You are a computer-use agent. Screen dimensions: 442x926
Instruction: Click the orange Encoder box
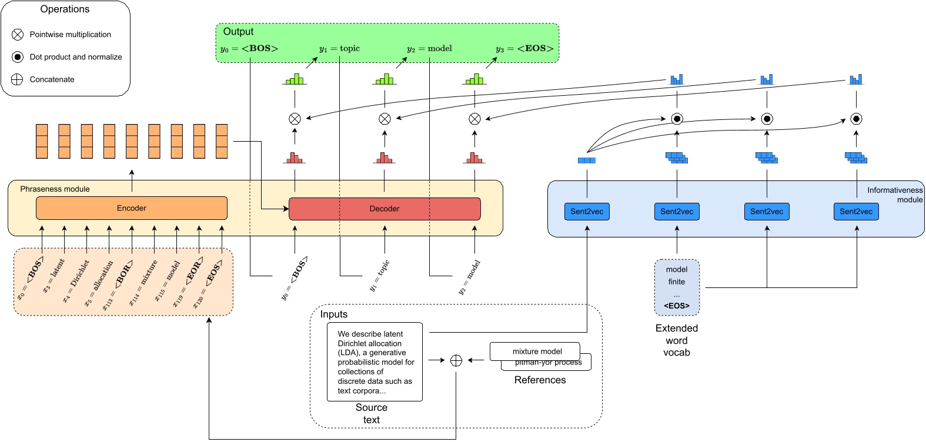pos(131,208)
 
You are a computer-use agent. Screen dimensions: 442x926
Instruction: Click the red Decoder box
pos(385,209)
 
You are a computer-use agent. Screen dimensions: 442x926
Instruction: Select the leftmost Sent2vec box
pos(587,212)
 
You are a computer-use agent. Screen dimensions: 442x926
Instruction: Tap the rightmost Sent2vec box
pos(856,212)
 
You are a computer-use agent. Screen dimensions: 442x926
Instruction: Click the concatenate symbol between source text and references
pos(456,360)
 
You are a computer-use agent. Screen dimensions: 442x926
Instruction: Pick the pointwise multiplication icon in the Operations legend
pos(18,35)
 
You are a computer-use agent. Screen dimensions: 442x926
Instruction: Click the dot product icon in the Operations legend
pos(18,57)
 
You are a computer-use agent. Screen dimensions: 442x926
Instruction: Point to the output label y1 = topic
pos(339,49)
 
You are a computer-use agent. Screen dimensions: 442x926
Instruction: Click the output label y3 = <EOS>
pos(524,49)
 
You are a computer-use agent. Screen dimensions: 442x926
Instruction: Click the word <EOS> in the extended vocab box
pos(677,306)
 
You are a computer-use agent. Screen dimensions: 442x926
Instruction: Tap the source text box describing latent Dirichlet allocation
pos(375,361)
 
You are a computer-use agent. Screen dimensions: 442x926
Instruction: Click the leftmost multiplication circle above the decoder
pos(295,119)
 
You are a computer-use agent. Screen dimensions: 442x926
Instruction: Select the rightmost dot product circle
pos(856,119)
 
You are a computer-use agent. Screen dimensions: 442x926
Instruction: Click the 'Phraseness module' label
pos(55,189)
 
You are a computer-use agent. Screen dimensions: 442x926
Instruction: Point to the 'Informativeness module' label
pos(894,195)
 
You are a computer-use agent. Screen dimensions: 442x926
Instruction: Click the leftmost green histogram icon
pos(295,79)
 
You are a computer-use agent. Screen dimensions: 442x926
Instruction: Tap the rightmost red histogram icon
pos(474,158)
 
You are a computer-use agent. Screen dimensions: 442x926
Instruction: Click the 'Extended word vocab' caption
pos(677,340)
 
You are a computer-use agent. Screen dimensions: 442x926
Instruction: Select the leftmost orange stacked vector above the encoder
pos(42,141)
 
